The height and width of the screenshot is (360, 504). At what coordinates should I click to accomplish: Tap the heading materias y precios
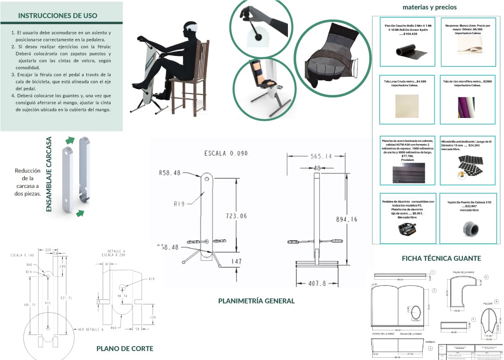pyautogui.click(x=429, y=7)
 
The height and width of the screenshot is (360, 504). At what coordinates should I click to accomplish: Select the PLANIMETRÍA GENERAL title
pyautogui.click(x=256, y=301)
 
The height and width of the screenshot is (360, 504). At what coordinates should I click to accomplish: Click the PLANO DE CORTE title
pyautogui.click(x=125, y=348)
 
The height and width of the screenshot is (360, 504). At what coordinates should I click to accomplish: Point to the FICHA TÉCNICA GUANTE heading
pyautogui.click(x=441, y=258)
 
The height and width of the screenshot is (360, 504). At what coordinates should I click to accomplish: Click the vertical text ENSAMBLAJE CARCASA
pyautogui.click(x=49, y=174)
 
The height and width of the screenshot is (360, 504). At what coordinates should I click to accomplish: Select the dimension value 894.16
pyautogui.click(x=346, y=220)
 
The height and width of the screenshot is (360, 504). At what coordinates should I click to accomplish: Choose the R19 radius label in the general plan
pyautogui.click(x=179, y=204)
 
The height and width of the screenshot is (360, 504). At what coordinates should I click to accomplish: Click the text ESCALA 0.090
pyautogui.click(x=226, y=153)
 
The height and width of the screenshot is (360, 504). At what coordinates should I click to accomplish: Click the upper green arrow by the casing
pyautogui.click(x=70, y=139)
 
